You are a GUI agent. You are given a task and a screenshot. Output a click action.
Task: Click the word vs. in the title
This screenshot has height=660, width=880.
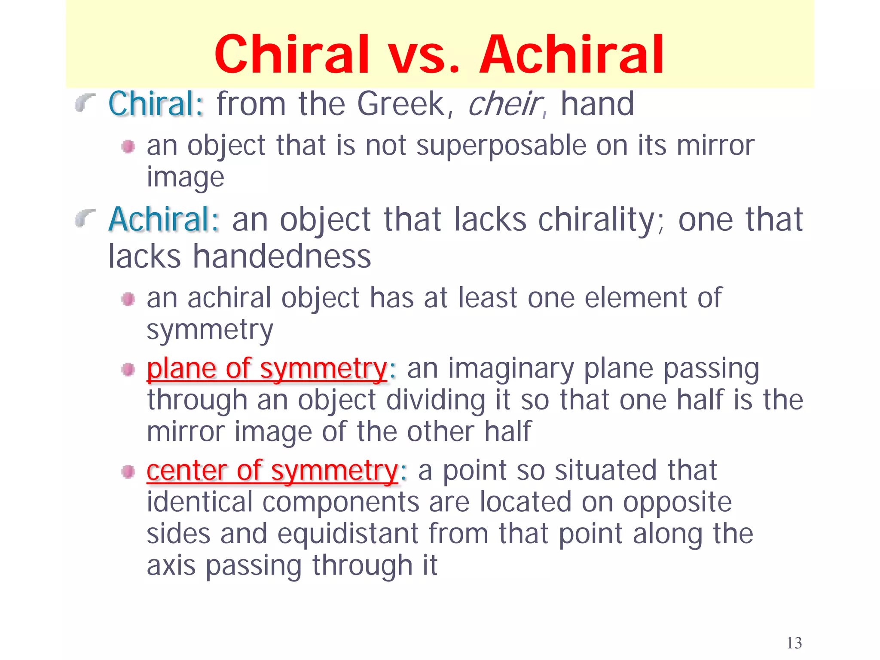424,55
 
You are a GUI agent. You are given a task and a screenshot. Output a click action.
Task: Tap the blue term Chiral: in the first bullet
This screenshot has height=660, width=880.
156,104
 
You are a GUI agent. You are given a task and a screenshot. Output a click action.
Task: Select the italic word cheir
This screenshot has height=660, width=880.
504,104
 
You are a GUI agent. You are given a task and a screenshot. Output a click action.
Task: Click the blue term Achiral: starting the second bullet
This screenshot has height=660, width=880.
164,220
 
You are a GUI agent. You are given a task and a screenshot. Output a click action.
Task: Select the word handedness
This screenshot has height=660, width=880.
281,257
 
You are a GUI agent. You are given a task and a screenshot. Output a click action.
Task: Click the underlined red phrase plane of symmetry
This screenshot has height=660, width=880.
267,369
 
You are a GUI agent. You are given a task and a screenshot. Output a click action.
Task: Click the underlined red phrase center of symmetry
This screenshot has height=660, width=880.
272,471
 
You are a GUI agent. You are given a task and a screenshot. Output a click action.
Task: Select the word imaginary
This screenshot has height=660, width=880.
511,369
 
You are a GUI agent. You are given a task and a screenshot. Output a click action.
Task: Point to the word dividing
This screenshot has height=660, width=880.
435,400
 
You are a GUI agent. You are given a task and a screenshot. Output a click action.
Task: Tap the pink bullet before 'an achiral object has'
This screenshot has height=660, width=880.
128,299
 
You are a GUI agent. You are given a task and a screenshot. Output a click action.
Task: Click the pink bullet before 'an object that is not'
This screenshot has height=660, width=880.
128,147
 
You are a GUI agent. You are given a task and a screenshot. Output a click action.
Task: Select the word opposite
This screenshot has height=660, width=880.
677,502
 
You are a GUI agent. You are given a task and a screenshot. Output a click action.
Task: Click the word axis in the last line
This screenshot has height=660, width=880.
171,565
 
